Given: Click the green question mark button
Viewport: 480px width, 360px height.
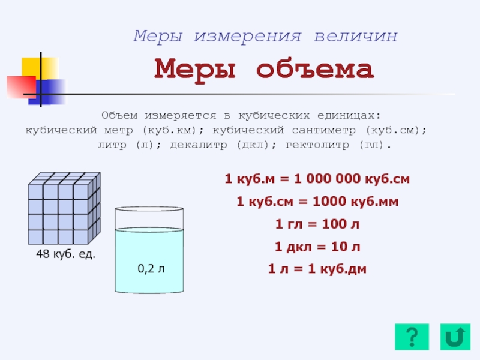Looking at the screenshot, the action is pos(412,337).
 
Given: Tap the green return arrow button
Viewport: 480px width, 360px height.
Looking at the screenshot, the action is pos(455,337).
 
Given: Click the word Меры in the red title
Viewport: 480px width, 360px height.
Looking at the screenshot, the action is pos(194,70).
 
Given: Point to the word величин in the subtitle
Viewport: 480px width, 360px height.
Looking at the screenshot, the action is pos(356,36).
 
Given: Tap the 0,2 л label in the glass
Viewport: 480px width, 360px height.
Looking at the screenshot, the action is pos(151,268).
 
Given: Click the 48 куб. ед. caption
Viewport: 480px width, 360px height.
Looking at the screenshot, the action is pos(65,254).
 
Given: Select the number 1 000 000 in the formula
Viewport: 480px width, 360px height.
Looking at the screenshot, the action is pos(327,179).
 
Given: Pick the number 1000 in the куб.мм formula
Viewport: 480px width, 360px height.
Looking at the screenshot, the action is pos(330,202).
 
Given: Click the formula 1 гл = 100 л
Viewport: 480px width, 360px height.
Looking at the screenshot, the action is pos(317,224).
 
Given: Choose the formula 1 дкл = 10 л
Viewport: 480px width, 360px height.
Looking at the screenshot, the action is pos(317,247).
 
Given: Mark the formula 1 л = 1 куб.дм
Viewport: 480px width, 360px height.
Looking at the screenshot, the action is pos(317,269).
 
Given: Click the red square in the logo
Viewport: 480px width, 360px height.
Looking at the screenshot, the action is pos(21,87).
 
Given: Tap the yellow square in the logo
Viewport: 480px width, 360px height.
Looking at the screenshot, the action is pos(40,68).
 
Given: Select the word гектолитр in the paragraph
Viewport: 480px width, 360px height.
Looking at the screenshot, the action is pos(317,145).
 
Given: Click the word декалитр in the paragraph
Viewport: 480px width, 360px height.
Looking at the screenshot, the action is pos(199,145).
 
